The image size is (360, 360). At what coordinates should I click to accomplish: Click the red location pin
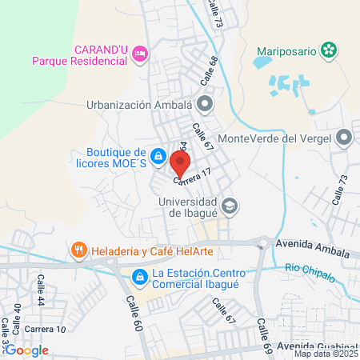(180, 165)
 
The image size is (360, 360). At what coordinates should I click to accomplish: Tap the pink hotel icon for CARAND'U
(141, 54)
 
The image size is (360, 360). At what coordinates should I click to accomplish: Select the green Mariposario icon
(327, 50)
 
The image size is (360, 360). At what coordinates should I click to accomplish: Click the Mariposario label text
(286, 50)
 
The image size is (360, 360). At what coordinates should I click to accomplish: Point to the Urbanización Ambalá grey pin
(206, 103)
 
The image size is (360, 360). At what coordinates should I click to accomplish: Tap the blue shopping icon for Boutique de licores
(159, 155)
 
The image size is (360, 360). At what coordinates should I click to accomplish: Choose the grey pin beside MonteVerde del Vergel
(345, 138)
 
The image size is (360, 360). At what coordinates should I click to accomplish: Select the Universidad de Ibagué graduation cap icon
(229, 207)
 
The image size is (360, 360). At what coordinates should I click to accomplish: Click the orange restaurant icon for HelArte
(78, 250)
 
